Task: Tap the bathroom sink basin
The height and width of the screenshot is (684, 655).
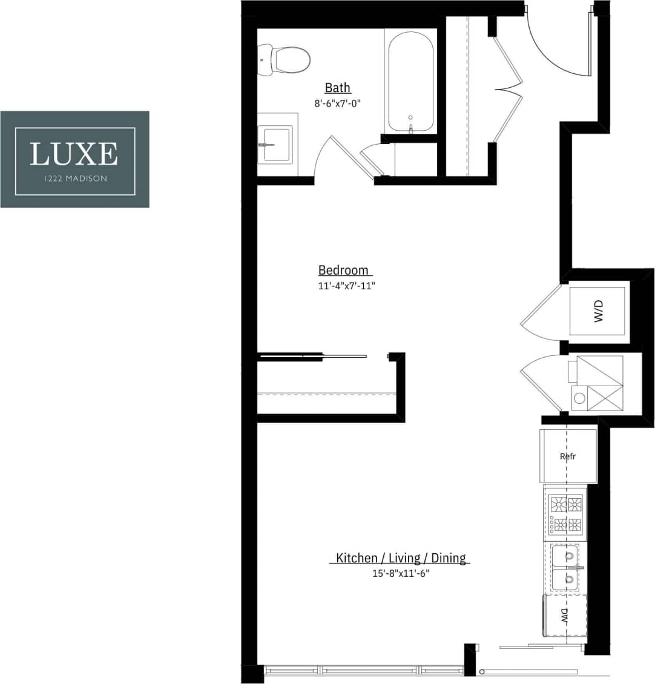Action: coord(276,143)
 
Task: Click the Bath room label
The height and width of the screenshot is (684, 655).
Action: coord(337,88)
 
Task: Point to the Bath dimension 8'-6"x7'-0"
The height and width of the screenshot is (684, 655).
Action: coord(337,104)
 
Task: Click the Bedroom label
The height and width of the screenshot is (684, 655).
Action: coord(343,270)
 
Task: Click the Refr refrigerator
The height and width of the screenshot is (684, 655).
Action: coord(568,456)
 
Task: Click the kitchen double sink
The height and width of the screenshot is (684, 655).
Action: coord(565,567)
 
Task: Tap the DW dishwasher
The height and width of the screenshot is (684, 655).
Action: coord(565,616)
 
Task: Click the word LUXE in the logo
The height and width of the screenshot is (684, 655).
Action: coord(74,154)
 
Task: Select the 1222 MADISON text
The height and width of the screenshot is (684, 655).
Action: coord(74,179)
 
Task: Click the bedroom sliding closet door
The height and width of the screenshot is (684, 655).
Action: coord(315,356)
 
